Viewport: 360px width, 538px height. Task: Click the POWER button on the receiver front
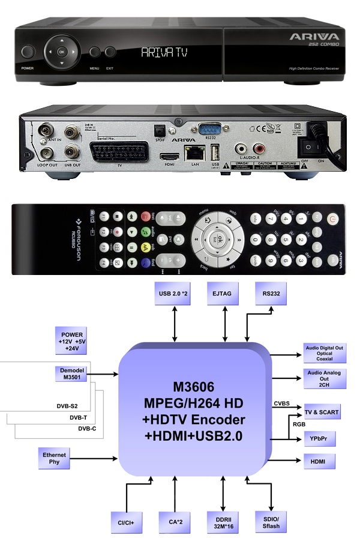(27, 52)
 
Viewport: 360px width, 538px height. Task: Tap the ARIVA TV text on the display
(164, 53)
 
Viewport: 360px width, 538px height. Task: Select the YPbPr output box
(319, 440)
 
